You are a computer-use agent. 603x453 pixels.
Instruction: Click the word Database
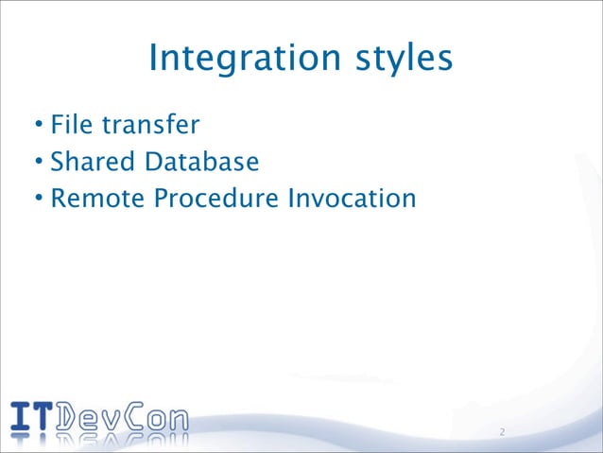coord(201,162)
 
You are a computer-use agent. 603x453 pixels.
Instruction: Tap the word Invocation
coord(357,200)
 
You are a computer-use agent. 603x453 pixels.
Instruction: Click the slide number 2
coord(502,433)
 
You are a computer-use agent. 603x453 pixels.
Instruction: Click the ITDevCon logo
coord(99,417)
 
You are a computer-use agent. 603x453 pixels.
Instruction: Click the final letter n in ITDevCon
coord(177,419)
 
